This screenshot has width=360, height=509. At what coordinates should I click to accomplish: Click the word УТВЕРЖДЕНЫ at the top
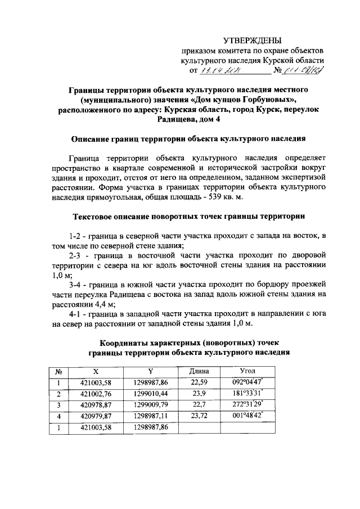pyautogui.click(x=252, y=39)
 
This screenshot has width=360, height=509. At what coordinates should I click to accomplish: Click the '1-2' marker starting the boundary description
pyautogui.click(x=76, y=234)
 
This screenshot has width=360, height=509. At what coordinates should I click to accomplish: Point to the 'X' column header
pyautogui.click(x=95, y=372)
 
